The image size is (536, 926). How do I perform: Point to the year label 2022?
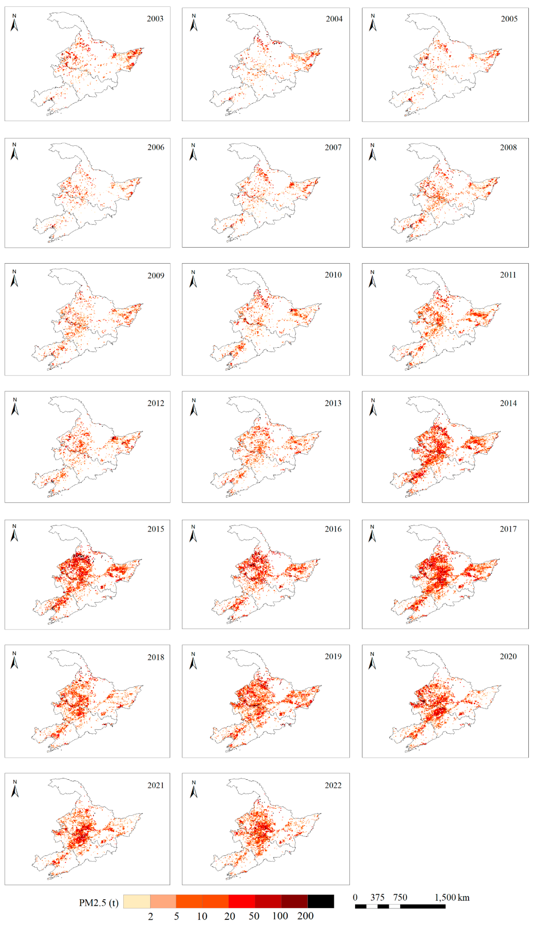(333, 785)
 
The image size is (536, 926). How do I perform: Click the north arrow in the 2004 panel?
(194, 23)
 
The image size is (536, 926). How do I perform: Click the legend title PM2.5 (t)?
(99, 903)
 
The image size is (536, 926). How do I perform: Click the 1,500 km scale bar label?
(452, 897)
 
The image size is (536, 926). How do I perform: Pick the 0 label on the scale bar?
(355, 897)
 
